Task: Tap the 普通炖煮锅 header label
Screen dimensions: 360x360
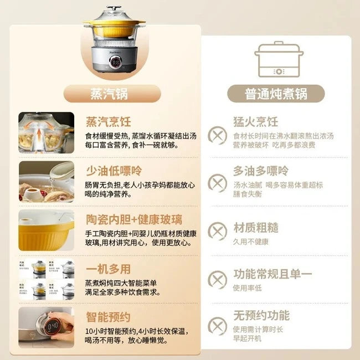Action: [x=268, y=94]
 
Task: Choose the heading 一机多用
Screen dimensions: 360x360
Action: [x=108, y=269]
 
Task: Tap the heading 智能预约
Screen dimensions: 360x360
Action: [x=108, y=317]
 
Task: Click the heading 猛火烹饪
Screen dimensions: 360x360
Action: [x=255, y=122]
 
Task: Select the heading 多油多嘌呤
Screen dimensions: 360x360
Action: [x=260, y=170]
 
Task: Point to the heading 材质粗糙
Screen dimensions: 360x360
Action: [x=255, y=228]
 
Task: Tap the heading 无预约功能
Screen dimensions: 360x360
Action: [x=261, y=316]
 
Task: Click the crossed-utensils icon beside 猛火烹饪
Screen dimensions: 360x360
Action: [x=217, y=135]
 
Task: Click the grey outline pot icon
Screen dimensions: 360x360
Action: [x=279, y=58]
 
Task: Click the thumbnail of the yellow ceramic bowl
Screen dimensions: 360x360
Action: [x=46, y=229]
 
